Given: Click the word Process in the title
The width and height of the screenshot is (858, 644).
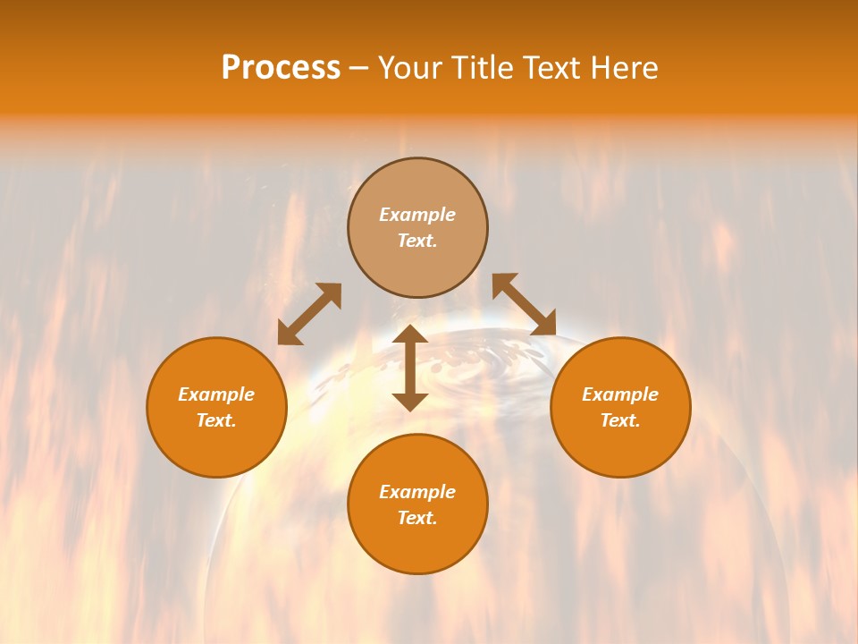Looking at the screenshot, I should (x=281, y=68).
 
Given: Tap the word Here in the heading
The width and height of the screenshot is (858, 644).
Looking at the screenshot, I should (x=620, y=68).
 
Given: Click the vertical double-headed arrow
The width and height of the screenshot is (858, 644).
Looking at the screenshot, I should (x=410, y=368).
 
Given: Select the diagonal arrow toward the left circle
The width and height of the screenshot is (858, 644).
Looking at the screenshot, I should (x=309, y=314).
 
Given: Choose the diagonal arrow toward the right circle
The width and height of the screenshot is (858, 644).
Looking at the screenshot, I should (x=524, y=304).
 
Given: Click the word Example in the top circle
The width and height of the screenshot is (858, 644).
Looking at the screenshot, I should (x=417, y=215).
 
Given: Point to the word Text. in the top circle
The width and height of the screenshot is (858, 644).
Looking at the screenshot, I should (x=417, y=241).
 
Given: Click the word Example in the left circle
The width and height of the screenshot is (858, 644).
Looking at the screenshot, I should (x=216, y=394).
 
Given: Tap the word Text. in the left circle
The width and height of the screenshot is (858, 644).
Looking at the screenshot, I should (x=216, y=420).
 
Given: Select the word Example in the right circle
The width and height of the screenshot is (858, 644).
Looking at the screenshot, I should (x=620, y=394).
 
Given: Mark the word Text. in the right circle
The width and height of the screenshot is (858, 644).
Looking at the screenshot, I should (x=620, y=420).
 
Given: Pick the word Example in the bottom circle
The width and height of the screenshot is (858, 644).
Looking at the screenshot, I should (x=417, y=492).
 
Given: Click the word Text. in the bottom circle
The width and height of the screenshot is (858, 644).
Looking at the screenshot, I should (x=417, y=518).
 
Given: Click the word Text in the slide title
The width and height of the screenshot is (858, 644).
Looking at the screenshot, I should (x=549, y=68).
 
